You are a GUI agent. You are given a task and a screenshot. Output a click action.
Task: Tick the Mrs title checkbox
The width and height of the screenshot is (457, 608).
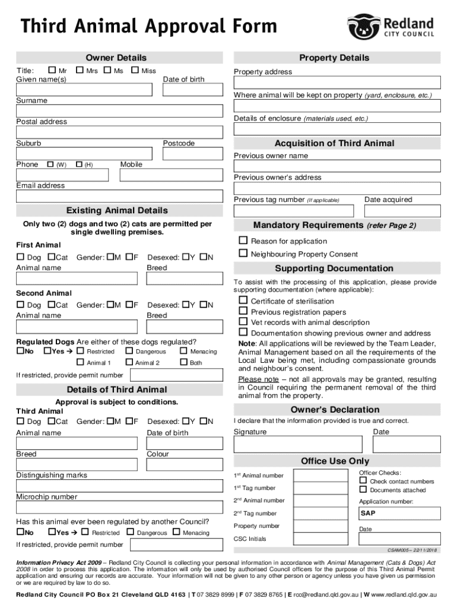pos(80,71)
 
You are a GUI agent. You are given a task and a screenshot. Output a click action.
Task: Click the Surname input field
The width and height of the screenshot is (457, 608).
pos(119,111)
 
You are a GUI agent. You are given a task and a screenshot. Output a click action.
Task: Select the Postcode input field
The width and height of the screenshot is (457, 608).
pos(193,154)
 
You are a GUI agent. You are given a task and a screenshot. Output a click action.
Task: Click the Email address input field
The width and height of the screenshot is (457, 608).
pos(119,196)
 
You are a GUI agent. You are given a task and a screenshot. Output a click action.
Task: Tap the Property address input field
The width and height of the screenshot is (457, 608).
pos(337,83)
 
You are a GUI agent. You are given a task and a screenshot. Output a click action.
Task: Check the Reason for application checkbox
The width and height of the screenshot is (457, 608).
pos(243,240)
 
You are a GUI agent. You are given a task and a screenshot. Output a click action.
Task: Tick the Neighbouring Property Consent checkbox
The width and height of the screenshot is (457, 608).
pos(243,254)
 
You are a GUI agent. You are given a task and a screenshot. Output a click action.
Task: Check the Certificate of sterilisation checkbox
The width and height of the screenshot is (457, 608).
pos(243,300)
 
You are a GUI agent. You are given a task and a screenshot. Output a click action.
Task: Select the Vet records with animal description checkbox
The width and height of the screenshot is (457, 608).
pos(243,322)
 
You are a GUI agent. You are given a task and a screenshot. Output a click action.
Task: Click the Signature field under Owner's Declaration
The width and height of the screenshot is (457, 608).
pos(297,444)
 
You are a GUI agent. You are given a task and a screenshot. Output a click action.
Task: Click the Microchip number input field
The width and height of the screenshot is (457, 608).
pos(119,507)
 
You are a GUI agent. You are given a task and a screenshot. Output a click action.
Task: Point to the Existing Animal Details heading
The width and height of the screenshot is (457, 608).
pos(117,211)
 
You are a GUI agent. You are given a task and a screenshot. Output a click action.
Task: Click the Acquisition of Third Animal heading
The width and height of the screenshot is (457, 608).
pos(334,144)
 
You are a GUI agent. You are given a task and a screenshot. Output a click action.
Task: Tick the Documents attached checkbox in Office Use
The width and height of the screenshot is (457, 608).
pos(363,490)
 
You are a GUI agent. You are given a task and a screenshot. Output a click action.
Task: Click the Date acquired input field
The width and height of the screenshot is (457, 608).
pos(402,211)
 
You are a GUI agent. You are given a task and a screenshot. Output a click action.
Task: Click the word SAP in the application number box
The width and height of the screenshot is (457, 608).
pos(368,513)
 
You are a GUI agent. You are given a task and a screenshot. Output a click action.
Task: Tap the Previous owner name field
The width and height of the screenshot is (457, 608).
pos(337,166)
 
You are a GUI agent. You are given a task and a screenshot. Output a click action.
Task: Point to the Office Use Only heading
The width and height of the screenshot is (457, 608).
pos(335,461)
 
